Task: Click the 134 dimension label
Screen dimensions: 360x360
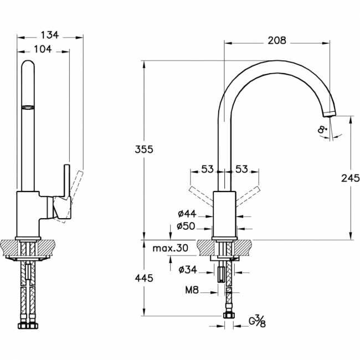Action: (x=50, y=35)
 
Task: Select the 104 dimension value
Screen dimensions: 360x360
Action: (x=42, y=49)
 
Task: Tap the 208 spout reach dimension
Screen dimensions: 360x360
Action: (x=276, y=40)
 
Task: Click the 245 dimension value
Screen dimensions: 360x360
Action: (x=351, y=178)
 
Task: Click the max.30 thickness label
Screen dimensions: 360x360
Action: (x=170, y=248)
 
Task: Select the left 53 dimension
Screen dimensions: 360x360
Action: (x=207, y=169)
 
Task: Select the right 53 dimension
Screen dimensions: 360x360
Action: (x=241, y=169)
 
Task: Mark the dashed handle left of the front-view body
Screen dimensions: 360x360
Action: (x=200, y=197)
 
